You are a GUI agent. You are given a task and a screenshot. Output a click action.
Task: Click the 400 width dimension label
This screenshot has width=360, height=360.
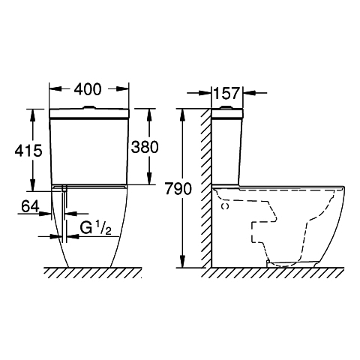point(88,89)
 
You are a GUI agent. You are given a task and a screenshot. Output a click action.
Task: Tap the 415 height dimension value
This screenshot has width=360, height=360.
point(28,151)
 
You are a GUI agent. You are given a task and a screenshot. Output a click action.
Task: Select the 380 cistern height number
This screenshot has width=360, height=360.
point(145,147)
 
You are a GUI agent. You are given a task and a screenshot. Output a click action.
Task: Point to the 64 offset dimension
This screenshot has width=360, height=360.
point(31,207)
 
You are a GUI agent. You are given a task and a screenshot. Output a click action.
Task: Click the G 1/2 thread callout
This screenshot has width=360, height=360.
point(96,228)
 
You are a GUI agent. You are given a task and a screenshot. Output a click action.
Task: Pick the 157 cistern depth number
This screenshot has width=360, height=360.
point(226,94)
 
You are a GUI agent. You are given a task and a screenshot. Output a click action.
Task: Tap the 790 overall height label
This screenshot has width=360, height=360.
point(178,189)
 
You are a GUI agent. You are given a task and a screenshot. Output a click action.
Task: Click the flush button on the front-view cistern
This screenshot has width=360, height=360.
point(88,107)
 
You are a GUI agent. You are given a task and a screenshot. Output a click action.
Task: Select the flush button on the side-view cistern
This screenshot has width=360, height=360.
point(226,107)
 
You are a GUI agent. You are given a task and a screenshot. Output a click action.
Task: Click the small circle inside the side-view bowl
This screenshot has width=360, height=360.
point(226,206)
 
